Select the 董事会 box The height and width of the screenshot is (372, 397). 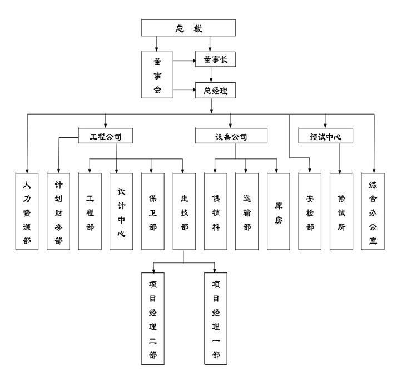click(x=157, y=75)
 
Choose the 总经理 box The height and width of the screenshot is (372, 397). click(x=215, y=90)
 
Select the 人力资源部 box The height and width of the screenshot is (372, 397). click(x=27, y=212)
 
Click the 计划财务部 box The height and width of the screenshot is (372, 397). click(x=58, y=212)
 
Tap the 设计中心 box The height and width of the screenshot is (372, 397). click(x=121, y=212)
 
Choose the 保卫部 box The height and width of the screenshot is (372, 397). click(x=153, y=212)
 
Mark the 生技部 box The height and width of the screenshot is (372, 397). click(x=184, y=212)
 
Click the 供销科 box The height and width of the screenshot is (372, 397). click(x=216, y=212)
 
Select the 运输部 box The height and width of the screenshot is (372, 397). click(x=247, y=212)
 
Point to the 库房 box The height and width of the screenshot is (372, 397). click(x=279, y=212)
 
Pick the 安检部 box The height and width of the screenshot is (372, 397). click(x=310, y=212)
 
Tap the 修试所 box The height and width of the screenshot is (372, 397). click(x=341, y=212)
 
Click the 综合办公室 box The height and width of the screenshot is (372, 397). click(x=373, y=212)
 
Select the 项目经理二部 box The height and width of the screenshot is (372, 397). click(x=153, y=318)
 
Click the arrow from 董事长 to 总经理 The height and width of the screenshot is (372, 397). click(x=211, y=75)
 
